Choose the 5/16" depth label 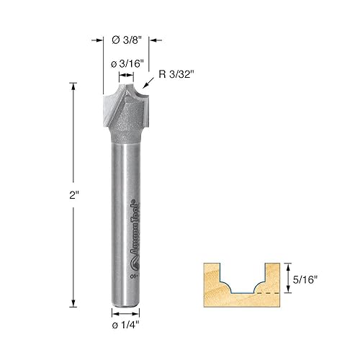[x=305, y=278]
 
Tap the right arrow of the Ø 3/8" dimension [x=154, y=41]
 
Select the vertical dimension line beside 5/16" [x=289, y=278]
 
